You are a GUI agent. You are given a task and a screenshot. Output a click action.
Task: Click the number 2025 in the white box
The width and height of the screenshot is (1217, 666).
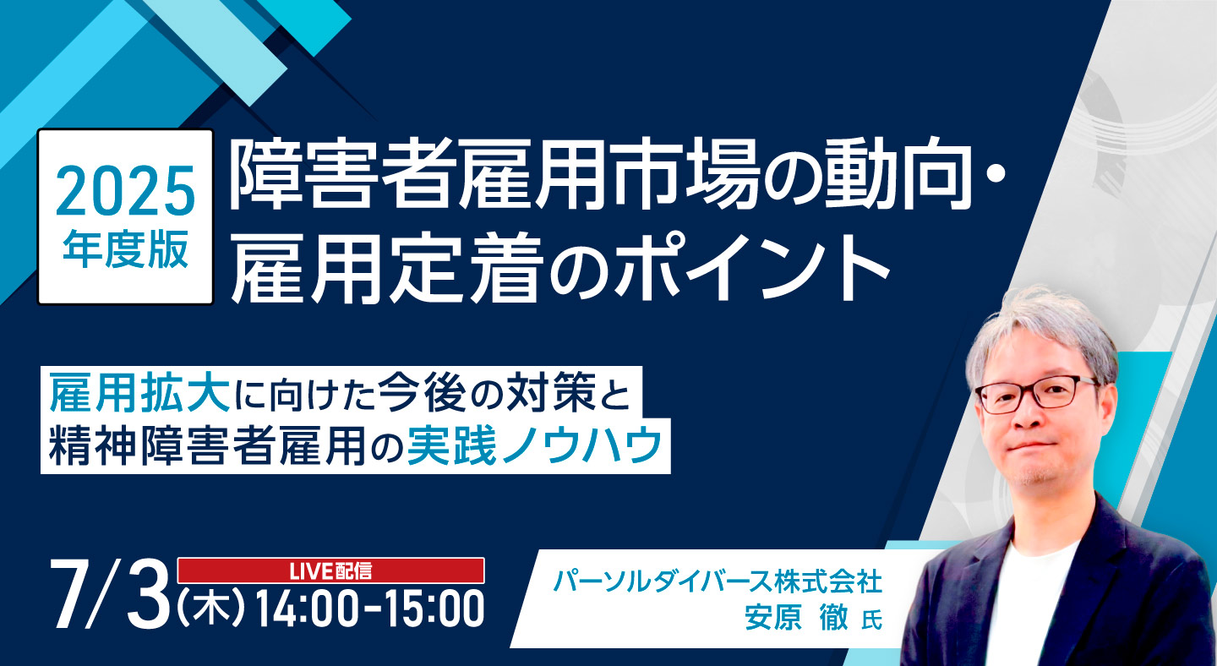(125, 190)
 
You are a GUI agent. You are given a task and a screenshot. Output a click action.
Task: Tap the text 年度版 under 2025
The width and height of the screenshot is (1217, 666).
(125, 249)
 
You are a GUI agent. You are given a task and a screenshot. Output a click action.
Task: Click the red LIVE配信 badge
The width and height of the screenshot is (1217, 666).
(331, 570)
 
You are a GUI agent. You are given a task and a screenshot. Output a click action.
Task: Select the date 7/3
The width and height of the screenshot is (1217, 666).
(109, 600)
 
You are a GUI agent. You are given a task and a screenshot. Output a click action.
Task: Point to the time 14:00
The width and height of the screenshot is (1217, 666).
(307, 609)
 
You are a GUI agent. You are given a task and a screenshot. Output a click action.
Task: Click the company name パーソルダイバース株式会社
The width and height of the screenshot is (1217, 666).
(718, 581)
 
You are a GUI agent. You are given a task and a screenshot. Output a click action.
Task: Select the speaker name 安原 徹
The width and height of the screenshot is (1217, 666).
(796, 618)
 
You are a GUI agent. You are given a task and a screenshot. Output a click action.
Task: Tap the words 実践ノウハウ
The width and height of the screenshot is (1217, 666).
(535, 446)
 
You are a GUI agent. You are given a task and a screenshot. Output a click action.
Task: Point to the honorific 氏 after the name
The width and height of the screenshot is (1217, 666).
(872, 620)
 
